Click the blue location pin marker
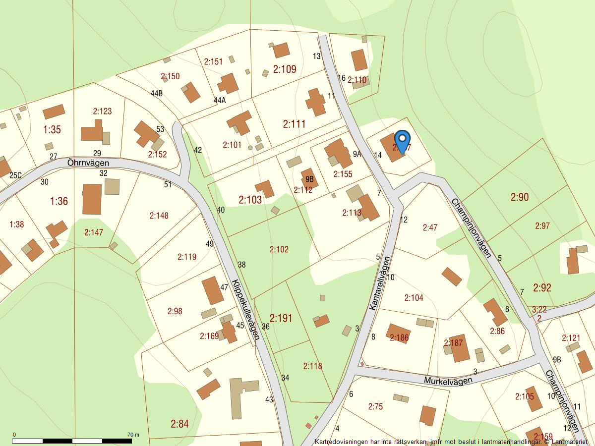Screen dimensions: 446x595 point(403,140)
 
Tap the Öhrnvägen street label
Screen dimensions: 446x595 point(88,163)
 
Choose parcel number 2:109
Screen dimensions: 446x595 point(285,69)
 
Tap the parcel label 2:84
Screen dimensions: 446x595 point(179,424)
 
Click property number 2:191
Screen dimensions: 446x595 point(281,318)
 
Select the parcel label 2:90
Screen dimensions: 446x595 point(519,197)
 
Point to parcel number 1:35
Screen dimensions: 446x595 point(52,130)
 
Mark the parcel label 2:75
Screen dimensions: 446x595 point(375,406)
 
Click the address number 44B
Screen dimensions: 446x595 point(157,93)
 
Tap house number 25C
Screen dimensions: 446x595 point(16,175)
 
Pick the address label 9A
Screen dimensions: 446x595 point(357,154)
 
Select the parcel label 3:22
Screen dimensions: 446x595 point(539,309)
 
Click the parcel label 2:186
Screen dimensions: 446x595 point(399,338)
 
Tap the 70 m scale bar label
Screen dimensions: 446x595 point(133,435)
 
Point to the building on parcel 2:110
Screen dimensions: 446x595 point(359,60)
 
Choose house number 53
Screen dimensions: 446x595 point(160,129)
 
